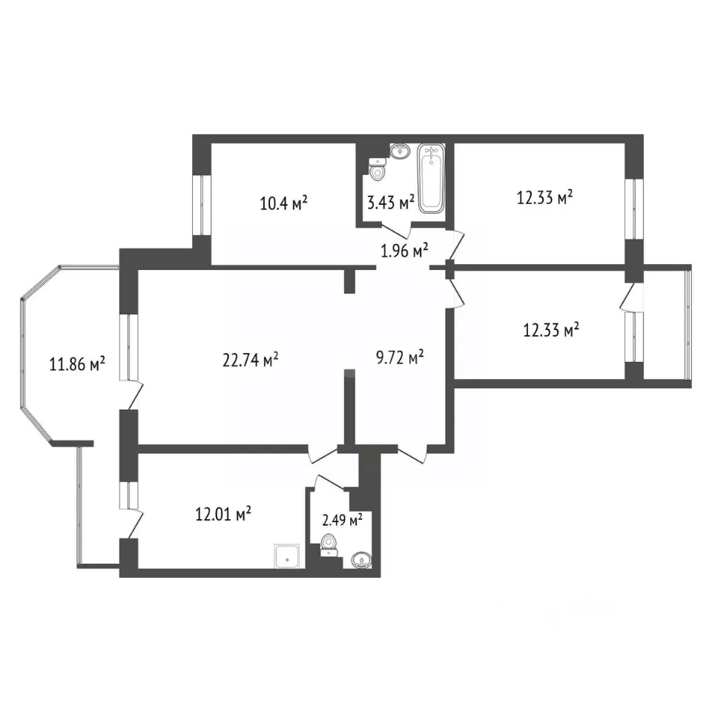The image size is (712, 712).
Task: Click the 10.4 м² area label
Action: pos(284,202)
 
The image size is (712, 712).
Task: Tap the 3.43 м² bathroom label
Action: pos(391,202)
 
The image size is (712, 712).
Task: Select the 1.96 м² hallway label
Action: pos(404,250)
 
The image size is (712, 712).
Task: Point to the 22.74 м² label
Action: pos(250,360)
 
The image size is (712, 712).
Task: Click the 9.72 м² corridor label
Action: pos(400,357)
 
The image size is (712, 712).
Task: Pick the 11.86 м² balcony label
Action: pos(77,363)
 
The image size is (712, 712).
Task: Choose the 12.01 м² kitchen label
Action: pos(223,515)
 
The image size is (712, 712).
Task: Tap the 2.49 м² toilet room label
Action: pos(342,519)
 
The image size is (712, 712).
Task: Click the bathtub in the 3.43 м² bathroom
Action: pos(431,179)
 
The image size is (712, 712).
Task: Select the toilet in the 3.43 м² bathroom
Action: pos(377,168)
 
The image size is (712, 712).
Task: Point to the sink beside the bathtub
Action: pos(400,151)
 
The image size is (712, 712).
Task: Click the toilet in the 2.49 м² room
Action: pos(329,545)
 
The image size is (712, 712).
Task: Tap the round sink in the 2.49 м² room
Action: pos(361,559)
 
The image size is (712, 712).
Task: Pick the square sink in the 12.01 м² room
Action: pos(287,556)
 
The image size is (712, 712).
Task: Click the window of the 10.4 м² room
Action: pos(201,205)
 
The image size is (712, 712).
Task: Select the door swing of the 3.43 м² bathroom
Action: pos(397,230)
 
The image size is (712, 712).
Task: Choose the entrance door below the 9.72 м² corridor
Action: pos(413,455)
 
